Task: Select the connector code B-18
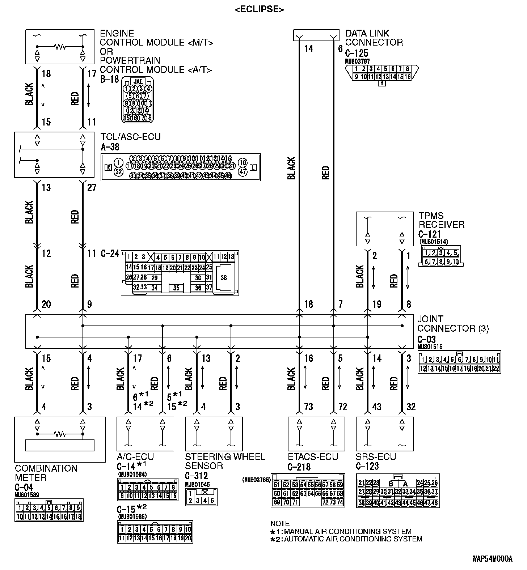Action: (109, 79)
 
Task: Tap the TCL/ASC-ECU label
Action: (130, 137)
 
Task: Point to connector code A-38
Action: (110, 147)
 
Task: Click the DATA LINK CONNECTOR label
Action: (374, 38)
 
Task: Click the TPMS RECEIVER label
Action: (441, 220)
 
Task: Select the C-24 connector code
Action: (110, 254)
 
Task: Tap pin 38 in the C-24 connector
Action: (224, 278)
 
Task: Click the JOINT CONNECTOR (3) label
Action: (452, 324)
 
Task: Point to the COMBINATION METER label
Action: (46, 473)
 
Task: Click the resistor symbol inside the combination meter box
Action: (60, 434)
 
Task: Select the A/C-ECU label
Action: (135, 457)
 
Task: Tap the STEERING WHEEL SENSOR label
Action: (225, 461)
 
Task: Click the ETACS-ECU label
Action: (313, 457)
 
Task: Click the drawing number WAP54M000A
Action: (492, 559)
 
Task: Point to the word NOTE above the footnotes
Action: (280, 524)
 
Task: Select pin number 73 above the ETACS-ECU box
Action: (308, 407)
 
